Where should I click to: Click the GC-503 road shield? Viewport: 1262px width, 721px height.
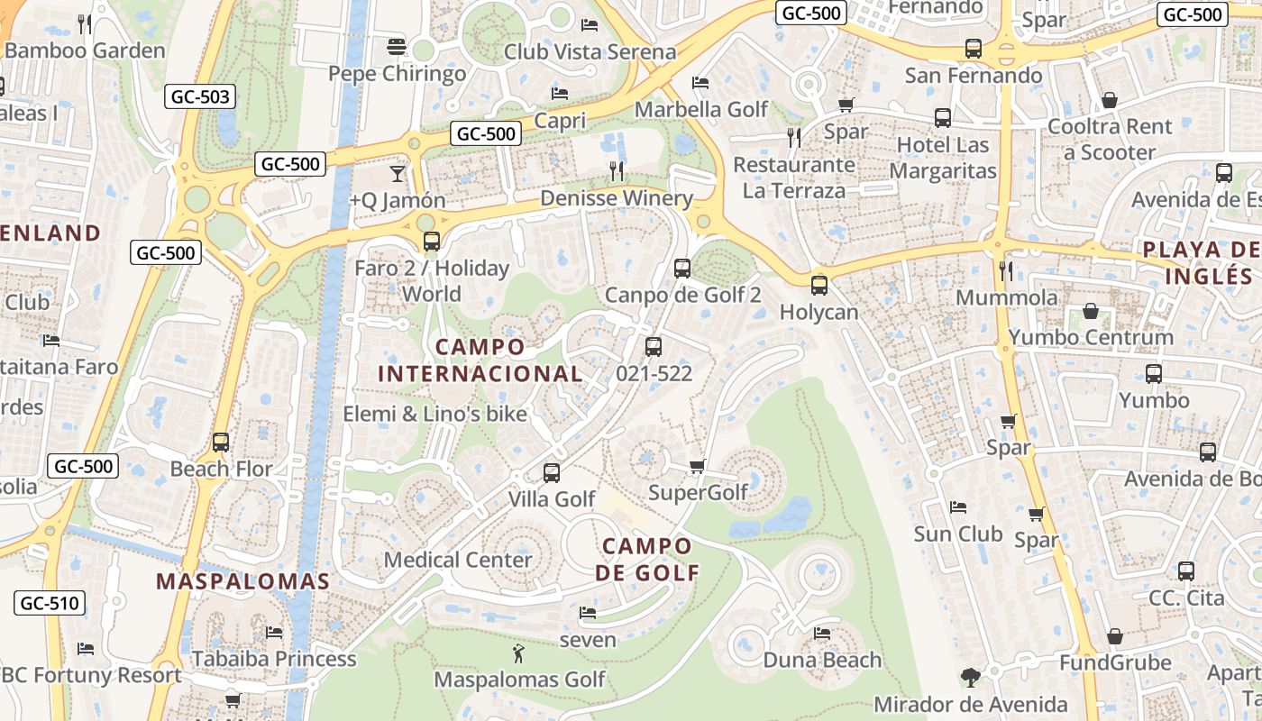click(199, 96)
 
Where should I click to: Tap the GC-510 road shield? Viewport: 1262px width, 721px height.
click(50, 603)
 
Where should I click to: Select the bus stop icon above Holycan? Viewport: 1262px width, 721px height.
click(818, 286)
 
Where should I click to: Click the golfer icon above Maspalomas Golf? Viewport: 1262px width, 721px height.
click(518, 653)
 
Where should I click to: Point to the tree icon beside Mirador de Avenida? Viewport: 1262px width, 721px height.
click(970, 677)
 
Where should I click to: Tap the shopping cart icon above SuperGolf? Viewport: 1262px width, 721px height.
click(697, 466)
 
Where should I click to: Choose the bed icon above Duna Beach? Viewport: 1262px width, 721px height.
click(822, 634)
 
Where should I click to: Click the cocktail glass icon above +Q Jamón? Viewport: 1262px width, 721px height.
click(398, 173)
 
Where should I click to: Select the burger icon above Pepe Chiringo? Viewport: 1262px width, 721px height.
click(397, 46)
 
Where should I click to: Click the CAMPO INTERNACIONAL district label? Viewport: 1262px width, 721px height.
click(480, 360)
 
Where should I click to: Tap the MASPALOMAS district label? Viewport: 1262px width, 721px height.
click(243, 581)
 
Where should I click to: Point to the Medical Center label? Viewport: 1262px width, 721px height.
click(458, 560)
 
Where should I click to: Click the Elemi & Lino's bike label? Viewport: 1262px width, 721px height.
click(434, 415)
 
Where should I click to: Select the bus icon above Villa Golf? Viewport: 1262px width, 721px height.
click(552, 472)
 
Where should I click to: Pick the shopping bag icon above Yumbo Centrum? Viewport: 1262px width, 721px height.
click(1091, 312)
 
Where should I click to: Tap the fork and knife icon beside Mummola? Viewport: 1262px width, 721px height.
click(1006, 270)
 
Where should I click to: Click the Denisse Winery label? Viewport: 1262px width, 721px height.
click(617, 198)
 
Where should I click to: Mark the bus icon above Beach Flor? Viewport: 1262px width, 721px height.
click(221, 443)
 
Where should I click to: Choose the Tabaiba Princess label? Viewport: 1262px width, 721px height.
click(274, 659)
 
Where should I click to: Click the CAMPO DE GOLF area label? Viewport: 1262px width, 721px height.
click(647, 559)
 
